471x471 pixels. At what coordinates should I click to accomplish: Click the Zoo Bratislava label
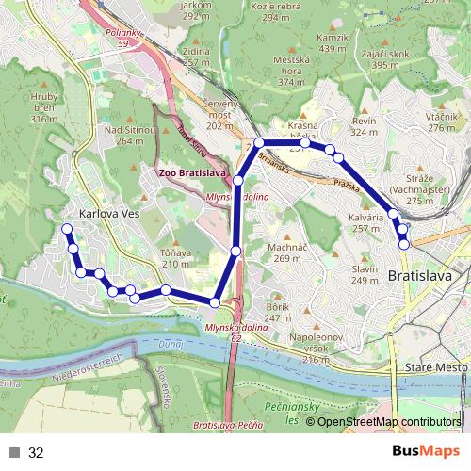[191, 173]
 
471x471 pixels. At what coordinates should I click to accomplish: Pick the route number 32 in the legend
[36, 453]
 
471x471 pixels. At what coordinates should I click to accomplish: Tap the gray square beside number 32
[15, 453]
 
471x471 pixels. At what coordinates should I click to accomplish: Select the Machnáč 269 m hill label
[268, 252]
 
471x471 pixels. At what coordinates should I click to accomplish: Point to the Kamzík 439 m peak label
[333, 42]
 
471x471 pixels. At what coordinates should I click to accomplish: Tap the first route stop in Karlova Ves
[66, 229]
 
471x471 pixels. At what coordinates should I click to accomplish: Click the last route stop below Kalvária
[404, 244]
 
